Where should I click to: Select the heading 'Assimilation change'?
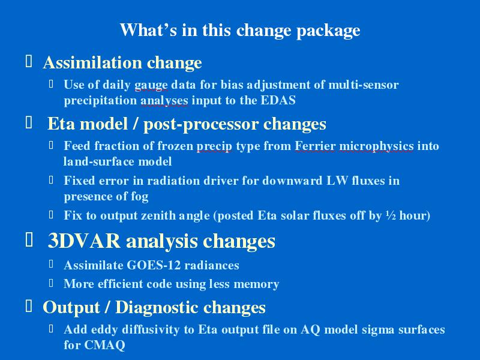[122, 62]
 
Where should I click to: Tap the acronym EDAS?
[278, 100]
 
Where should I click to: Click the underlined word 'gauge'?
[151, 85]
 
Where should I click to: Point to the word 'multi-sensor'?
[364, 84]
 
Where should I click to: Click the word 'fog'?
[140, 197]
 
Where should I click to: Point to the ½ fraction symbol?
[391, 215]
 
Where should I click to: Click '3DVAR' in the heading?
[84, 241]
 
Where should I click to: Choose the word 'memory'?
[256, 284]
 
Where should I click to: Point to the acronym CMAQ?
[104, 345]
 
